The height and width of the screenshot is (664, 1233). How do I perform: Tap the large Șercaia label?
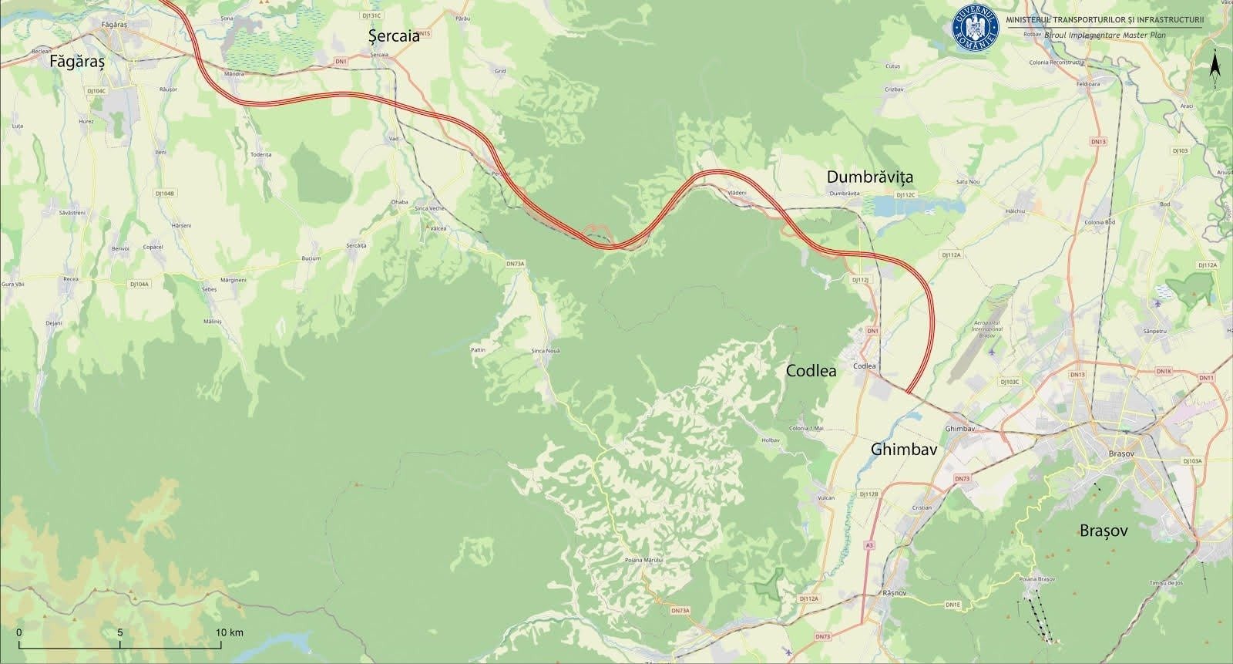click(394, 35)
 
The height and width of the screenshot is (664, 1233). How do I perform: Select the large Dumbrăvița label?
click(869, 177)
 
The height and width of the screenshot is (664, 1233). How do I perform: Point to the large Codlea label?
click(811, 371)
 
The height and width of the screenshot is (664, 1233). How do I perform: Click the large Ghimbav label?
click(903, 449)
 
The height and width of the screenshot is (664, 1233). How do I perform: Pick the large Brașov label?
click(1104, 531)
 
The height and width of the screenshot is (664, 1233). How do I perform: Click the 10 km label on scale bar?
click(229, 632)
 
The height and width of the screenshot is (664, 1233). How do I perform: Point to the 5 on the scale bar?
click(120, 632)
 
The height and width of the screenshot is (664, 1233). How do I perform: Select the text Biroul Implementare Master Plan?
click(1105, 35)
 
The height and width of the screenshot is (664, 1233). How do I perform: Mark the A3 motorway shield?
click(870, 544)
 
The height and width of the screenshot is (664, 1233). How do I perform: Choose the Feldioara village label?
click(1088, 83)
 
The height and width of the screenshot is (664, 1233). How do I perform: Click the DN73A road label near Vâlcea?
click(515, 264)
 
